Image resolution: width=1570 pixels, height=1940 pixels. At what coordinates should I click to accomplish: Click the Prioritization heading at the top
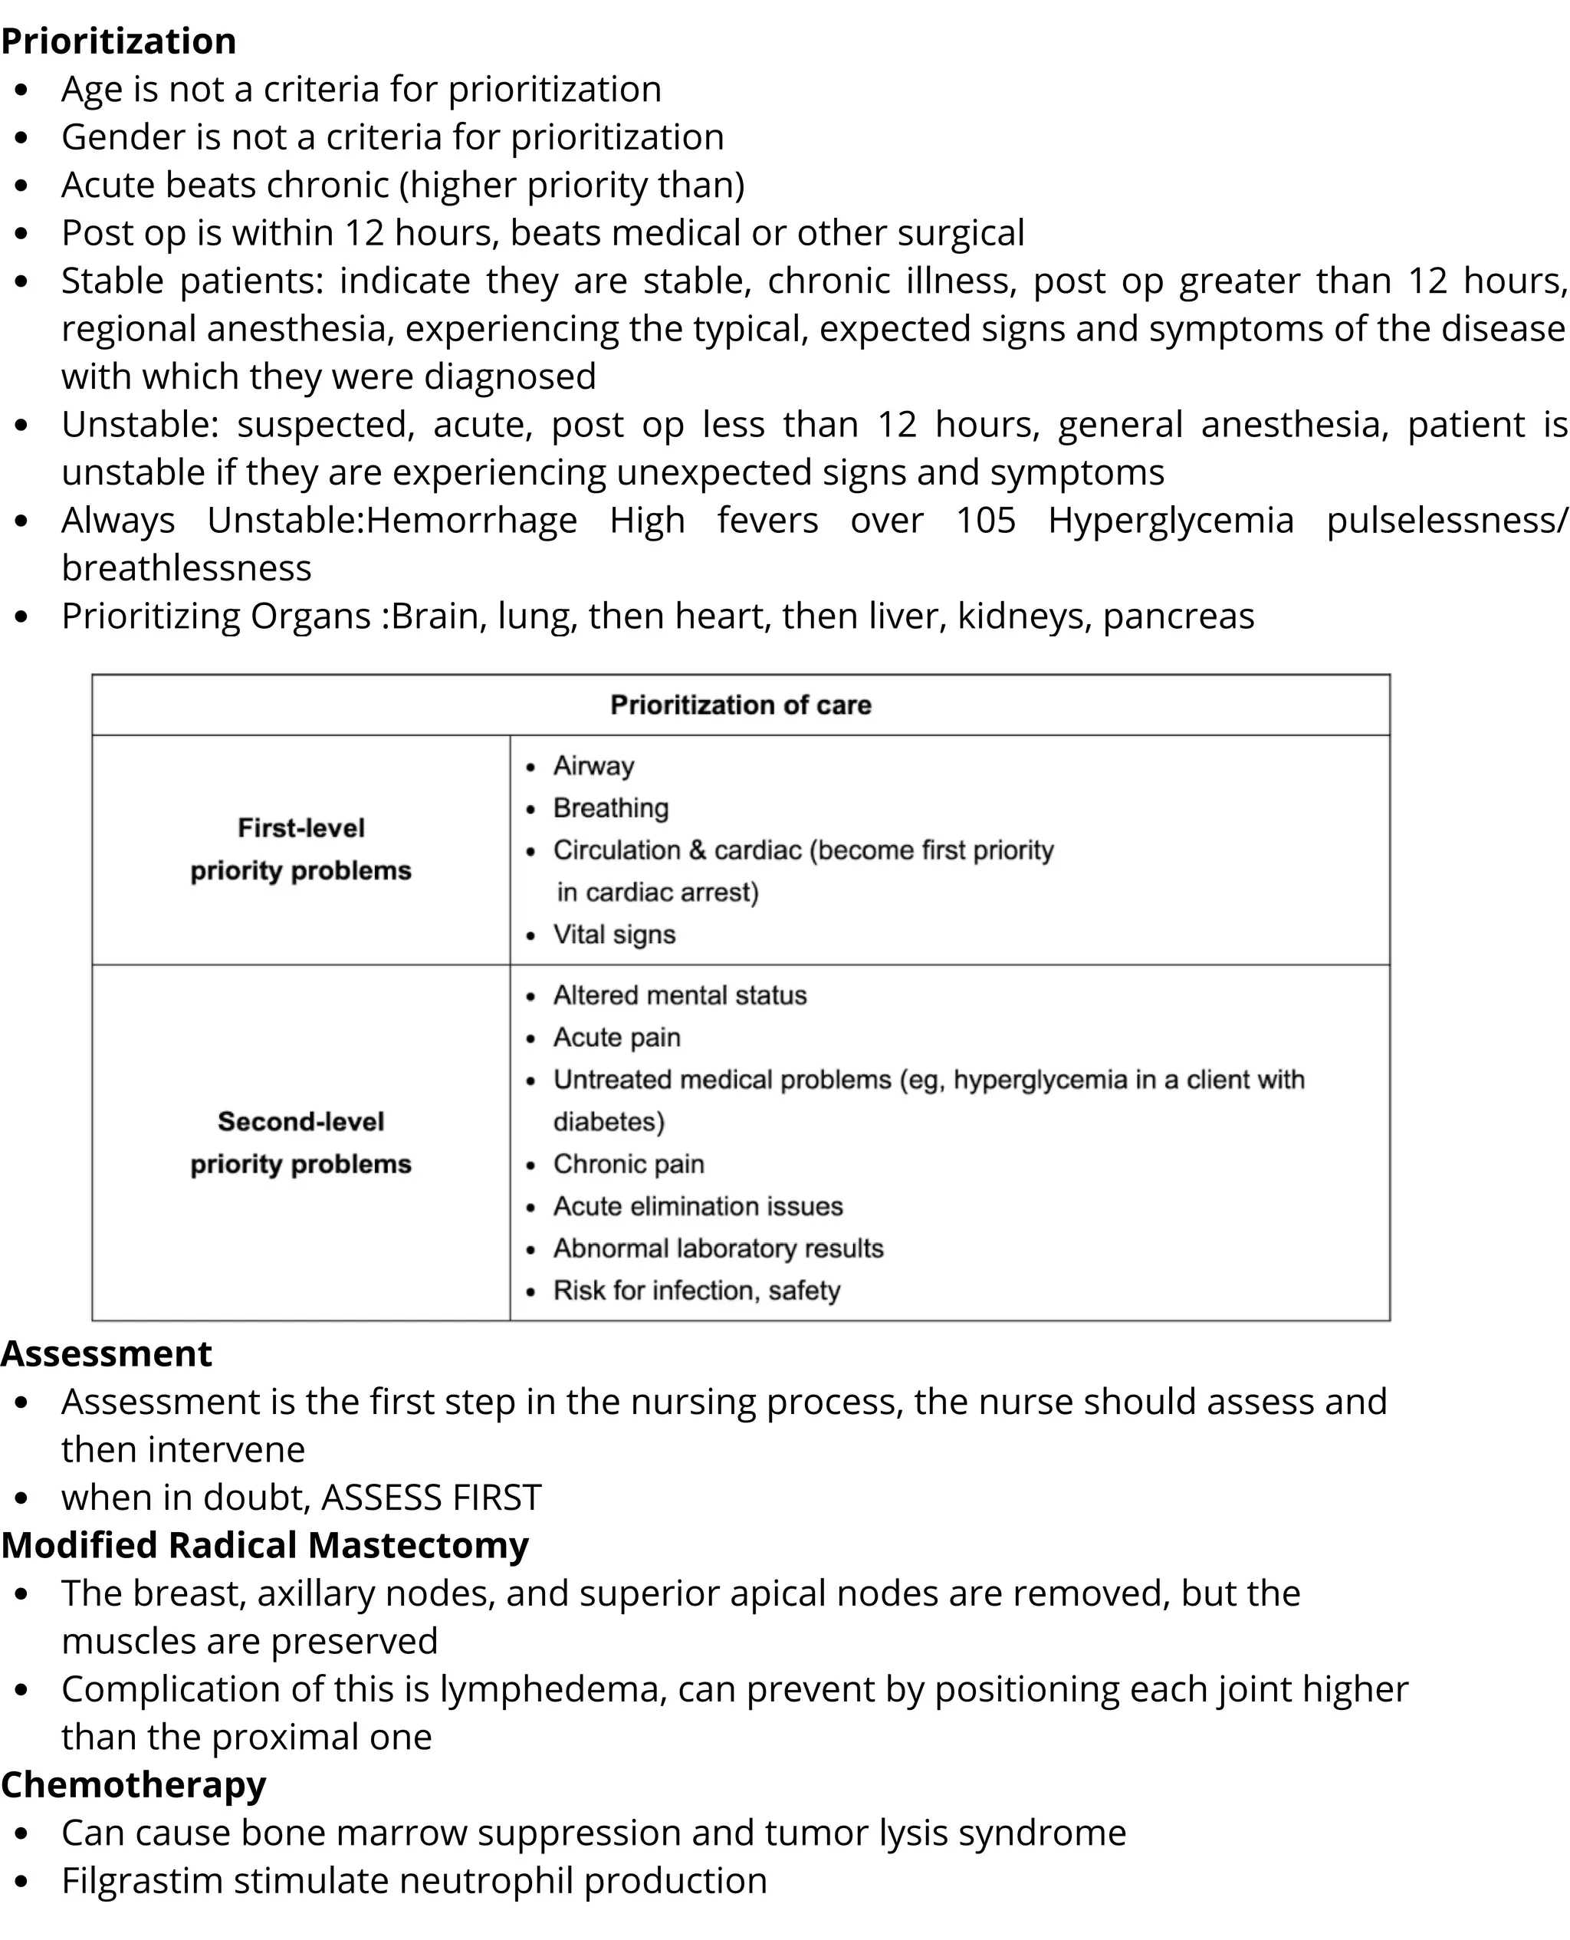[119, 41]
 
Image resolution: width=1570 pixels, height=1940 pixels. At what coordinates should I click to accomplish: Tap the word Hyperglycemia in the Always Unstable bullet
[1171, 521]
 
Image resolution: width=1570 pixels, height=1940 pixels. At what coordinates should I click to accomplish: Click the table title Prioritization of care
[740, 705]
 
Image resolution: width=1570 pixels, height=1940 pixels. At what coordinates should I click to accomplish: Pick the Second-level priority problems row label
[301, 1143]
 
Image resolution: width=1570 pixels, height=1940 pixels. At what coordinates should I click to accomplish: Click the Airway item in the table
[593, 766]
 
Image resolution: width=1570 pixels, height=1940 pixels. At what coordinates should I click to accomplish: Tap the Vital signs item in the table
[614, 934]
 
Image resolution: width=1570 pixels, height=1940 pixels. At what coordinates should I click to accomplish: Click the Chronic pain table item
[629, 1164]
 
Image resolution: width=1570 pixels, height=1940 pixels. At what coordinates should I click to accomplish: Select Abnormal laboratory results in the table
[718, 1248]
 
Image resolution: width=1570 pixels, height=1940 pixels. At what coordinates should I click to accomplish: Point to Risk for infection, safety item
[696, 1291]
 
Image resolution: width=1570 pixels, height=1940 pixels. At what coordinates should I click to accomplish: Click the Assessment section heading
[106, 1354]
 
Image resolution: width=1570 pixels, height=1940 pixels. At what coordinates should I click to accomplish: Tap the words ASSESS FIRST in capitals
[432, 1497]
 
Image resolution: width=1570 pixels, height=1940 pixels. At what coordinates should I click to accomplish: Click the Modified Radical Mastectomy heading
[264, 1545]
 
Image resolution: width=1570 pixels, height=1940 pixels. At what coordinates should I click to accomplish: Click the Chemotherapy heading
[133, 1784]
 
